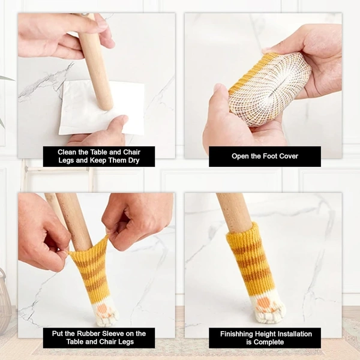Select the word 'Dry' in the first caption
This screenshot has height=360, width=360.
(x=134, y=160)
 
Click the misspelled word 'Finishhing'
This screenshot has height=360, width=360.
(x=236, y=334)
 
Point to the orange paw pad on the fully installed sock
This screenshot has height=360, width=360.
(x=263, y=303)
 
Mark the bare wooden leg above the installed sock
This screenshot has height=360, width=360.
(x=234, y=211)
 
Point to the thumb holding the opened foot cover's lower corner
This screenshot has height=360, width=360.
(x=221, y=101)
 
